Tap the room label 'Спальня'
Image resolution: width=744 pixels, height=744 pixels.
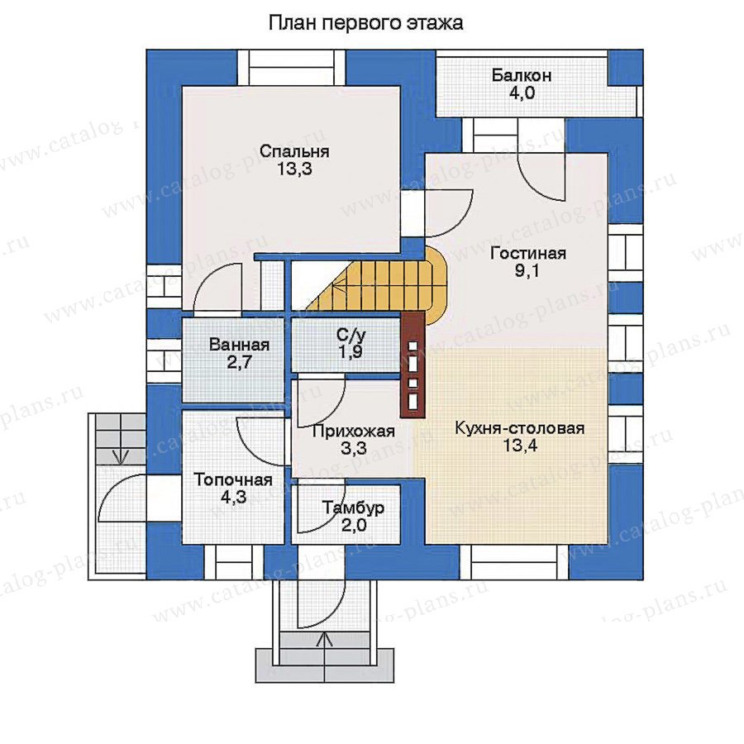294,151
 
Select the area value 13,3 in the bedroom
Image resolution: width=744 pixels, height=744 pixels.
294,169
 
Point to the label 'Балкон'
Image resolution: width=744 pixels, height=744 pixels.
522,75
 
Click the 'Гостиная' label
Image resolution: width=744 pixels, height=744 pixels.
528,253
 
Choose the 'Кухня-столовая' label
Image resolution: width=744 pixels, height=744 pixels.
520,428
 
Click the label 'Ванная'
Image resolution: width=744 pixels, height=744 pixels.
239,345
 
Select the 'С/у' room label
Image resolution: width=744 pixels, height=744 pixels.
351,335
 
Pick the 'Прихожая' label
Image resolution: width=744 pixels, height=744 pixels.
354,431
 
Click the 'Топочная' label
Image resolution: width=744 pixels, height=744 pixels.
233,479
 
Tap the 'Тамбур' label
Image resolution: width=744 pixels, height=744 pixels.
354,508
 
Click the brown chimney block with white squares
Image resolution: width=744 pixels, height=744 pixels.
413,365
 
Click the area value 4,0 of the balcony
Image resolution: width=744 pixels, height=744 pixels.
522,93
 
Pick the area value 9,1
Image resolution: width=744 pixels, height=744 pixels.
527,271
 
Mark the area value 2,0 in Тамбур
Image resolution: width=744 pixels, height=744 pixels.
354,526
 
